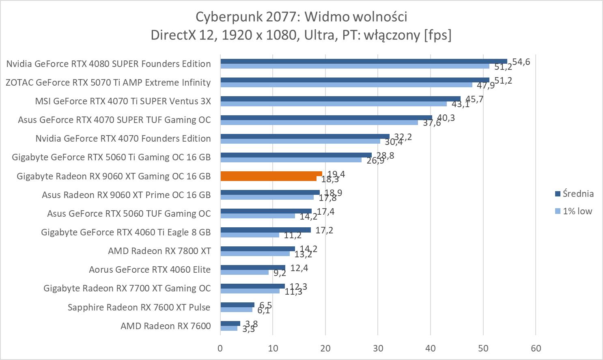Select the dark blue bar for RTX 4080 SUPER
click(x=364, y=61)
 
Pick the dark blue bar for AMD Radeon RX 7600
click(x=230, y=323)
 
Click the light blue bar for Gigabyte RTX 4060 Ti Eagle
click(x=250, y=235)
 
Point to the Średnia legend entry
click(x=574, y=194)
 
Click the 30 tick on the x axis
click(x=378, y=348)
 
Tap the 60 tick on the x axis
click(x=536, y=348)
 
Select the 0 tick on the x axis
click(x=220, y=348)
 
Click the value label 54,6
click(x=521, y=62)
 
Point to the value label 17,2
click(x=324, y=231)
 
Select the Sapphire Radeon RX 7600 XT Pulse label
click(x=139, y=307)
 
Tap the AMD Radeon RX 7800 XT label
click(x=159, y=251)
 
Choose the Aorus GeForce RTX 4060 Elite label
click(x=150, y=269)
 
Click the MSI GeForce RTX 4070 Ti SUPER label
click(x=123, y=101)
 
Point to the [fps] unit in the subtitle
click(x=437, y=35)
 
